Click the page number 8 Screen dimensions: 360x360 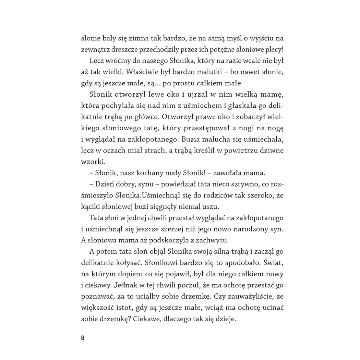point(83,337)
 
